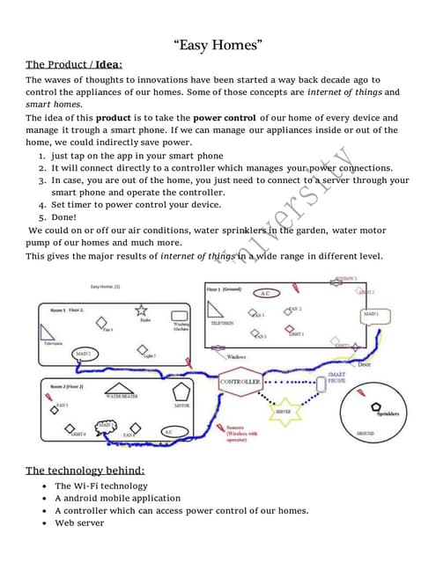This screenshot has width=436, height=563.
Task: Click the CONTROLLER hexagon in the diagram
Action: point(239,383)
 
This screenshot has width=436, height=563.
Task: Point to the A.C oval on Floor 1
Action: point(263,293)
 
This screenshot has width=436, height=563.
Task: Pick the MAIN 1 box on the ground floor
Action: point(371,314)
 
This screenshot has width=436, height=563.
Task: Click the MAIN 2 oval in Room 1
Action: point(83,354)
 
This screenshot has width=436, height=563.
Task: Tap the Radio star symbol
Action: point(142,311)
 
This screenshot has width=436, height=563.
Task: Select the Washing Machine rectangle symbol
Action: point(180,315)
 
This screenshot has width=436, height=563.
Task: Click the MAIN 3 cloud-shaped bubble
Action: point(104,426)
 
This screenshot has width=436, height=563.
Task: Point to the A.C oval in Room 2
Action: point(169,432)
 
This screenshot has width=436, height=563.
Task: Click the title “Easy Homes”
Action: point(218,44)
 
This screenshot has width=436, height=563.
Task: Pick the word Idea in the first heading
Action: point(108,64)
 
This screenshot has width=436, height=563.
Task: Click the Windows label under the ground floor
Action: point(236,357)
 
